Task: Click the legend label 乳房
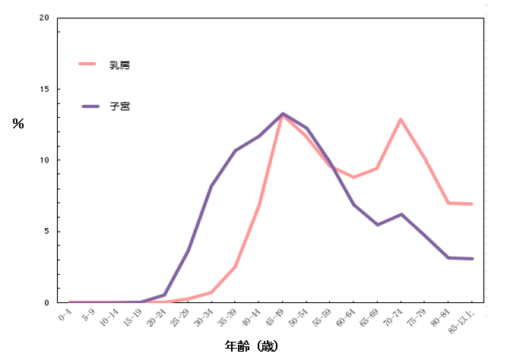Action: coord(119,65)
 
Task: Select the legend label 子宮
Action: coord(119,107)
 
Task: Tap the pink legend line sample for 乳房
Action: coord(93,65)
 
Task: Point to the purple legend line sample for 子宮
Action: coord(93,106)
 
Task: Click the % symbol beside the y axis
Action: coord(17,123)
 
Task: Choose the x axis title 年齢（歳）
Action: coord(252,346)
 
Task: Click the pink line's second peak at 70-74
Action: coord(401,119)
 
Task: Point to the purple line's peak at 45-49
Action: coord(283,114)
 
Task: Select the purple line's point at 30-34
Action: coord(211,186)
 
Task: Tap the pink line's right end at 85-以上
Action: coord(472,204)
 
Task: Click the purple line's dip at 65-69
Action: coord(378,225)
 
